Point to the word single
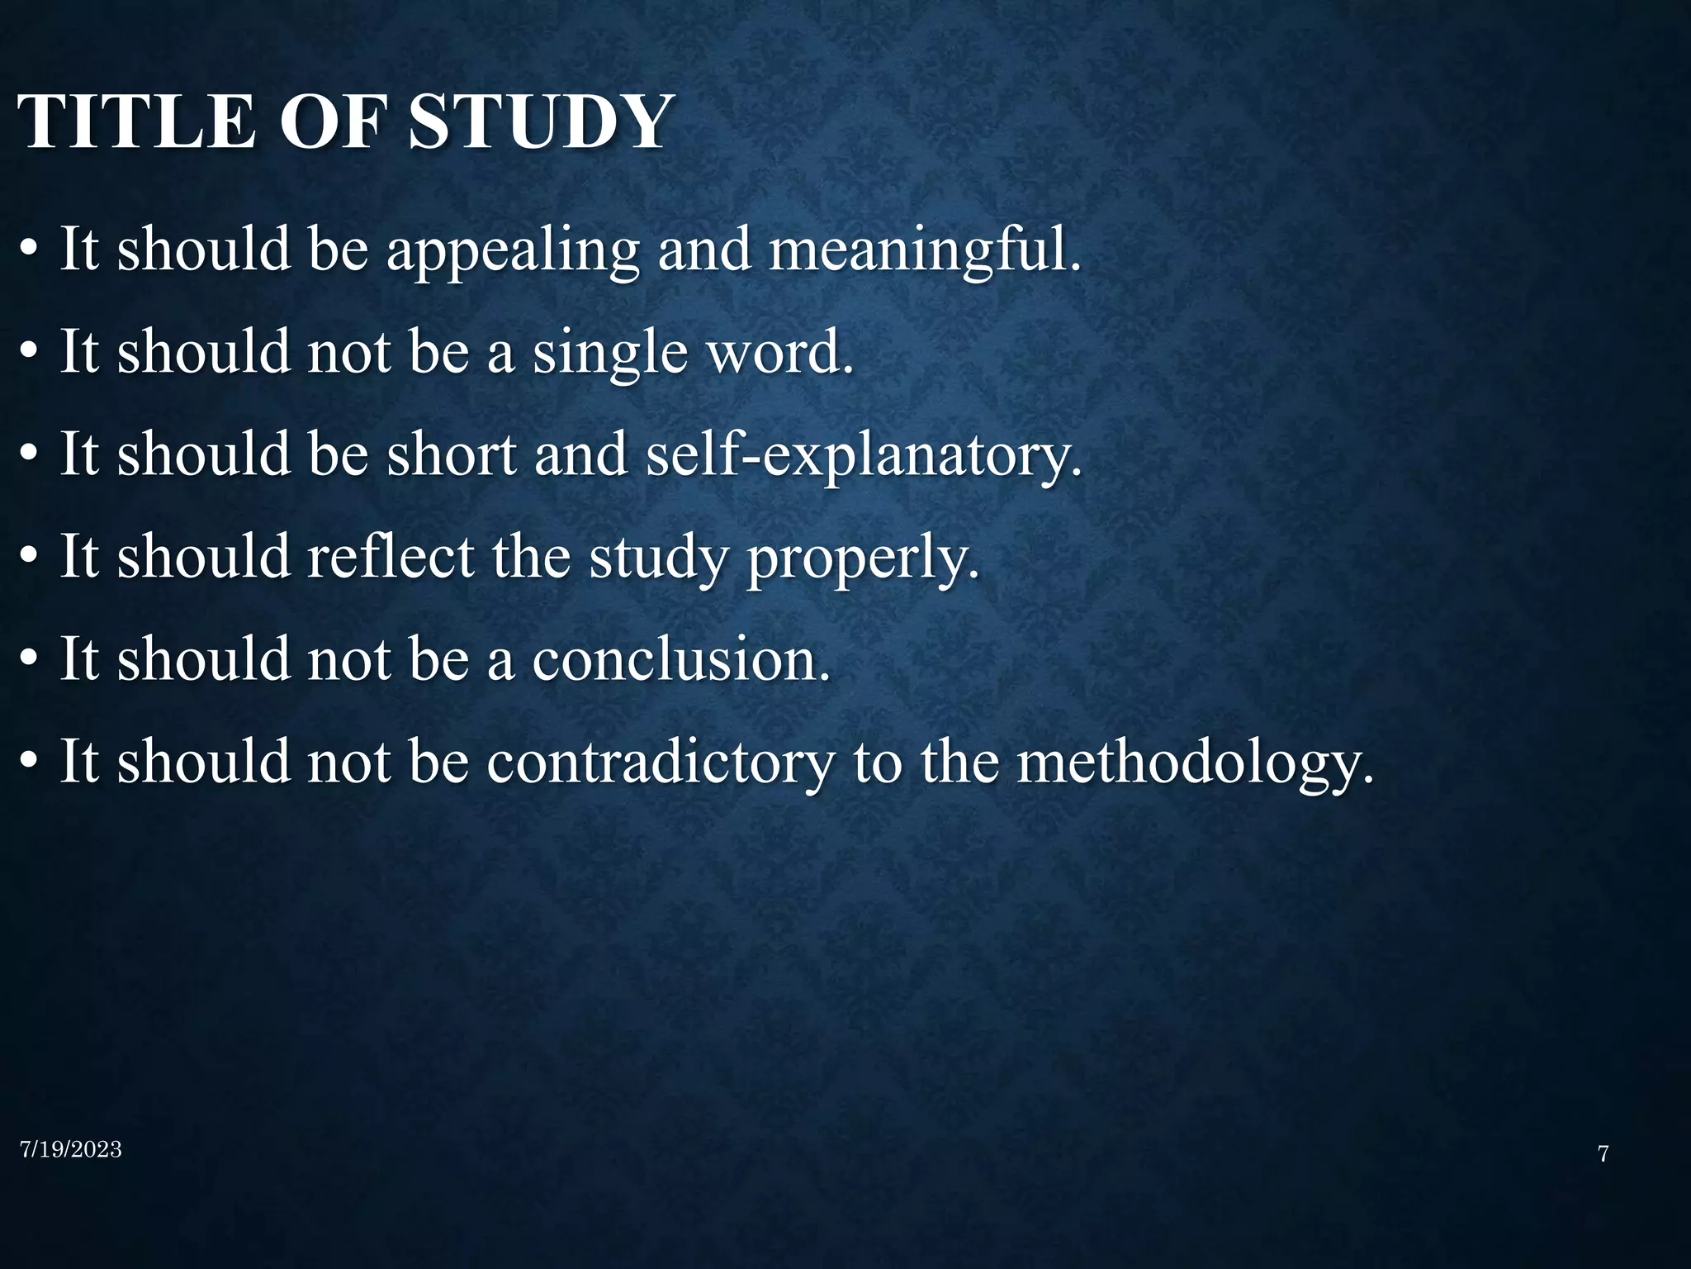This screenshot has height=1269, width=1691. (x=609, y=353)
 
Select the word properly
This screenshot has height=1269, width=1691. (x=862, y=558)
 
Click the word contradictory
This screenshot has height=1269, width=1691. (x=661, y=762)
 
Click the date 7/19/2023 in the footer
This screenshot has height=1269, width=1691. (x=71, y=1149)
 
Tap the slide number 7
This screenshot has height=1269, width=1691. (x=1603, y=1154)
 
